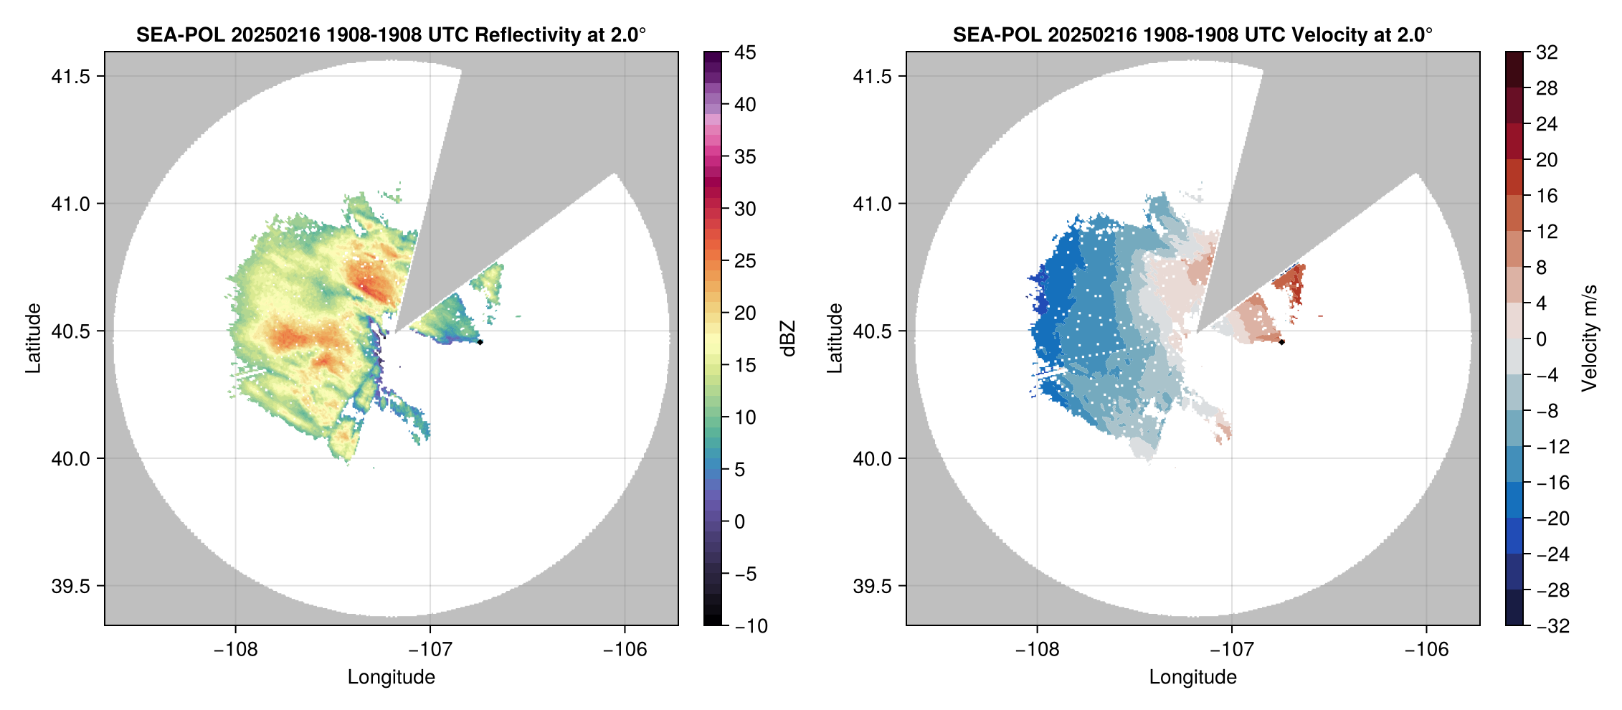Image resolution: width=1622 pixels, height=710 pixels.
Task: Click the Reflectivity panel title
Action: (x=391, y=34)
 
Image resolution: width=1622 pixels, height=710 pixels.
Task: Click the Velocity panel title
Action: (x=1192, y=34)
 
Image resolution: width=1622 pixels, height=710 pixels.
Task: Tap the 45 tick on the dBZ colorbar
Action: (x=745, y=52)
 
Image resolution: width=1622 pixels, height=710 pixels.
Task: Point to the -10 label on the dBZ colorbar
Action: (x=751, y=626)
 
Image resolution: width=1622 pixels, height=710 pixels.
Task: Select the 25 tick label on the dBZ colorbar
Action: (x=745, y=261)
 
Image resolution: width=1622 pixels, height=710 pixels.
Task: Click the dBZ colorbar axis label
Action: (x=788, y=339)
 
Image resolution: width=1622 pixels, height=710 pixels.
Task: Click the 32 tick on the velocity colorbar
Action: (x=1547, y=52)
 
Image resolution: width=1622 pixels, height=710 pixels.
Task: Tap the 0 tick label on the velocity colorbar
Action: (x=1542, y=339)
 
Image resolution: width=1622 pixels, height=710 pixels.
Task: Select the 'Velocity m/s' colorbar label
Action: (x=1590, y=339)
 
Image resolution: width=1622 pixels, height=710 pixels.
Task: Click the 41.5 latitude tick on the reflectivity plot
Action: (x=70, y=76)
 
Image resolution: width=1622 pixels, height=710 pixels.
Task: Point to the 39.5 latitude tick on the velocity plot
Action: (x=872, y=586)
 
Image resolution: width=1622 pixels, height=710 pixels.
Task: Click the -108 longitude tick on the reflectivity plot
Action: (x=235, y=649)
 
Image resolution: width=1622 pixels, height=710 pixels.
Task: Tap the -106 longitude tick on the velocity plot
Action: (x=1426, y=649)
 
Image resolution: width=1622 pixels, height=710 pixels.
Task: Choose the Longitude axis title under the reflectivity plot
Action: (x=392, y=677)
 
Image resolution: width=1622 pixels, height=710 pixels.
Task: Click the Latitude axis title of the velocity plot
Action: (x=834, y=339)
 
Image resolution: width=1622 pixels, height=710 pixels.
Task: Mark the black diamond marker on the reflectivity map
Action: (x=480, y=342)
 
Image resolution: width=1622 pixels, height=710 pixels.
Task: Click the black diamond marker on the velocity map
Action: (x=1281, y=342)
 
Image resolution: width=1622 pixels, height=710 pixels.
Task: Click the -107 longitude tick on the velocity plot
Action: (x=1232, y=649)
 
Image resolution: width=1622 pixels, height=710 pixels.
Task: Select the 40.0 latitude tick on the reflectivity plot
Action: (x=70, y=458)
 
